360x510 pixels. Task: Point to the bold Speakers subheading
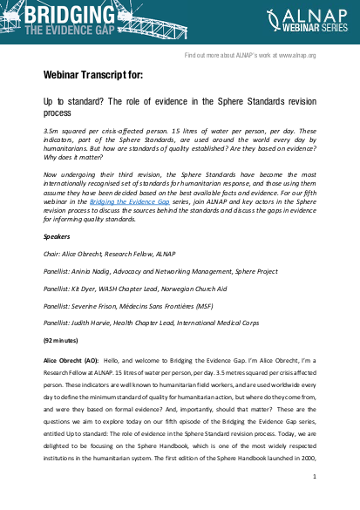58,236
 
